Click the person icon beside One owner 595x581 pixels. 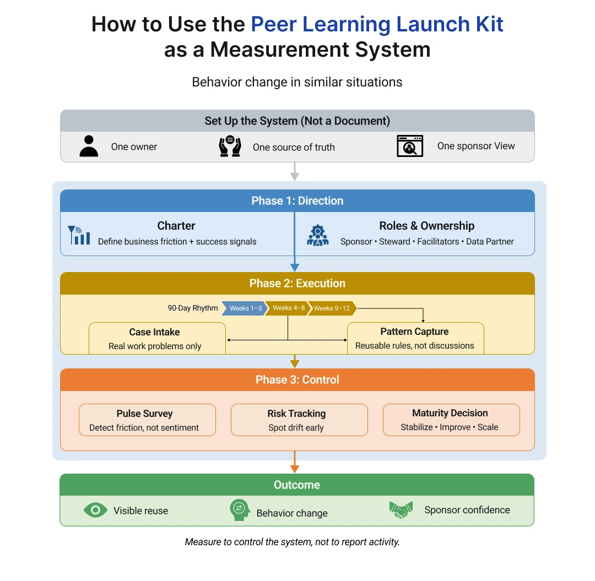(x=89, y=146)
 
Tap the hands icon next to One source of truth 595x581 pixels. (x=230, y=146)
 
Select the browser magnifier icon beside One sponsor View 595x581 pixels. (x=410, y=146)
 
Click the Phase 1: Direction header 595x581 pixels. (x=297, y=201)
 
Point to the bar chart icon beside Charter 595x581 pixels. (x=79, y=235)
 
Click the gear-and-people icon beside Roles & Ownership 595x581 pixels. (x=318, y=235)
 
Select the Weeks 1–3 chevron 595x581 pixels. (x=245, y=308)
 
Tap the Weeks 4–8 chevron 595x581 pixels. (x=288, y=308)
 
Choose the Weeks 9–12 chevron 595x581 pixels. (x=332, y=308)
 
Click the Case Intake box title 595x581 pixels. (x=154, y=332)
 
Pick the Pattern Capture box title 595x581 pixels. (x=414, y=332)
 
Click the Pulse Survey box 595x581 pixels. (x=147, y=420)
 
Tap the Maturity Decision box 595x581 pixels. (x=451, y=420)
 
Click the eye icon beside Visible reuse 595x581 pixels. (x=95, y=511)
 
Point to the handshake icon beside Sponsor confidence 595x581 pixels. (x=401, y=510)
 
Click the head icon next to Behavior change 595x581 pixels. (x=240, y=510)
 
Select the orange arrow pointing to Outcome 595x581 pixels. (x=295, y=461)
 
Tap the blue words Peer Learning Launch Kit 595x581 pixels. (x=377, y=25)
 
